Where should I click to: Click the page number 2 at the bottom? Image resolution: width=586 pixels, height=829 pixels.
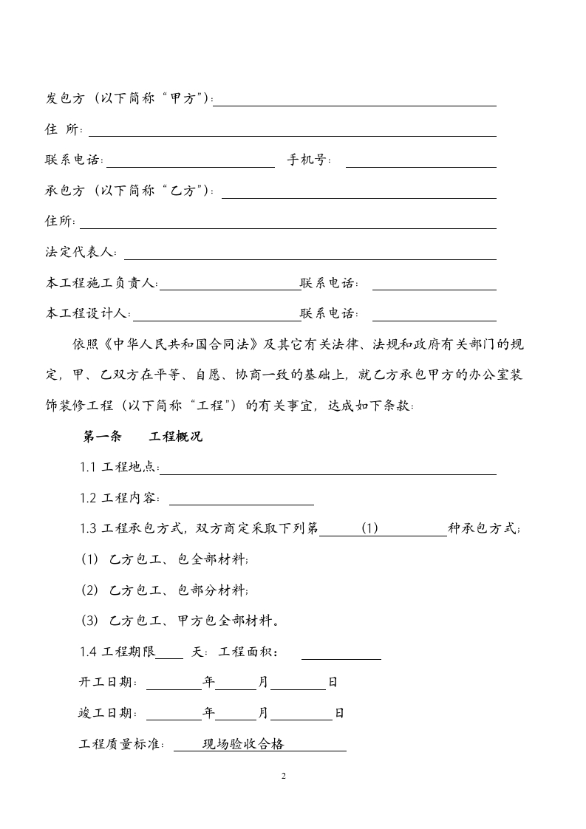coord(284,777)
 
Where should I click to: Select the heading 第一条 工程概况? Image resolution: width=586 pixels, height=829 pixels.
coord(143,437)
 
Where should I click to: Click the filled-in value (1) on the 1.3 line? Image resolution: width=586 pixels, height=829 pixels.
coord(370,528)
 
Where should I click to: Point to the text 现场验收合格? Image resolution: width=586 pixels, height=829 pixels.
coord(243,745)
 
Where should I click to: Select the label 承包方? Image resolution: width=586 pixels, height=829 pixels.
coord(66,191)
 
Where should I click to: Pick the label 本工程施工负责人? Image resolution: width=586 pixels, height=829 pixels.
coord(101,283)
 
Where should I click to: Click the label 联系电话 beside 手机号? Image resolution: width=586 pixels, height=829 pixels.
coord(74,160)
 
